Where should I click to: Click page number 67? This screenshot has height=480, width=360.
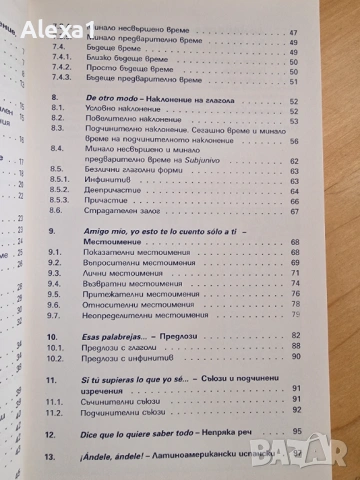[x=323, y=210]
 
